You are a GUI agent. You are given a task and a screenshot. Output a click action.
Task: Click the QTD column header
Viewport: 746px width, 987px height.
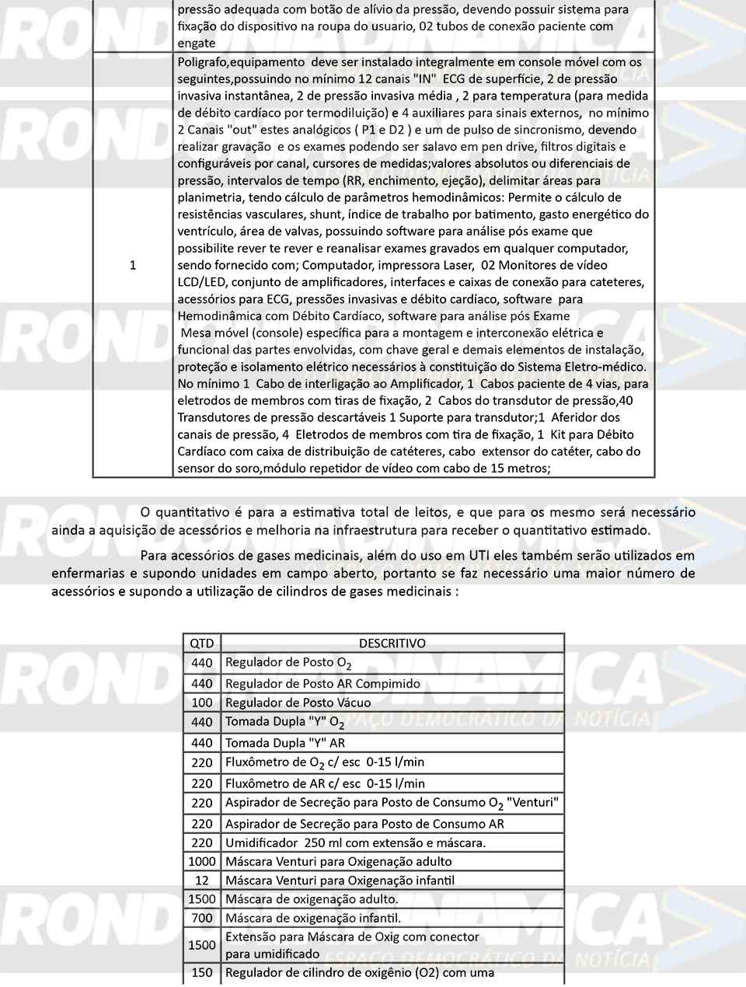click(201, 643)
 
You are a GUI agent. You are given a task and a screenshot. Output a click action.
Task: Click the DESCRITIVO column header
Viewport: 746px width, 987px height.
click(392, 643)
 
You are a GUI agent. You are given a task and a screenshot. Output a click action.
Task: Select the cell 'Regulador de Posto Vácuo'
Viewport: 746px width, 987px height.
click(298, 703)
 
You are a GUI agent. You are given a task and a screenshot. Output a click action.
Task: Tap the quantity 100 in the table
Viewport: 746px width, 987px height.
click(201, 703)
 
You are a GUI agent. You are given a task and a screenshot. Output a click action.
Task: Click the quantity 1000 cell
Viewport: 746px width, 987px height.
click(201, 861)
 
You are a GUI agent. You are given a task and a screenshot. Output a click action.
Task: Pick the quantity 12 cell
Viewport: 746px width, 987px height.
click(201, 881)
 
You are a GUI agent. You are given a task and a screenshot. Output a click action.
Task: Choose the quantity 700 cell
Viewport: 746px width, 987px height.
click(201, 918)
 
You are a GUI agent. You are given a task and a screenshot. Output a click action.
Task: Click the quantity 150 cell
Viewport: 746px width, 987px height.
click(201, 972)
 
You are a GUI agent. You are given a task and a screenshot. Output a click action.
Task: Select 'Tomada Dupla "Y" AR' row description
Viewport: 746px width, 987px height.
click(284, 743)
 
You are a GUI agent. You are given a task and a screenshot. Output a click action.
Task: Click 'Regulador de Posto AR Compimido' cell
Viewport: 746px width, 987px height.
click(322, 684)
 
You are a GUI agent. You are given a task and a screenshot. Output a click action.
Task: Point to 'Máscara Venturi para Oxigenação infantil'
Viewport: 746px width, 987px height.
click(340, 881)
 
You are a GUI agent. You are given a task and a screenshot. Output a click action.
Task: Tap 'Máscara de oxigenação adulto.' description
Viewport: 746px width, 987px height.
click(311, 899)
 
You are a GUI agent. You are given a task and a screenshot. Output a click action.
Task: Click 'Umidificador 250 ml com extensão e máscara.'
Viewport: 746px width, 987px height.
click(355, 842)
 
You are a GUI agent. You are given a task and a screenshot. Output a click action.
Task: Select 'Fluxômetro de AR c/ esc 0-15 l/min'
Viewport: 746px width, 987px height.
click(325, 783)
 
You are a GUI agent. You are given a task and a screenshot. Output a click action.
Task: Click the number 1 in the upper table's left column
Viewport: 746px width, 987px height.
click(133, 265)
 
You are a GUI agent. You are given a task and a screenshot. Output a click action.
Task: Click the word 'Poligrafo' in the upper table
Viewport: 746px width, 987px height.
click(202, 61)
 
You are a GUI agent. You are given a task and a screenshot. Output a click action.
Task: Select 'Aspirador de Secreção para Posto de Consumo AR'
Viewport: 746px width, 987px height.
click(364, 824)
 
